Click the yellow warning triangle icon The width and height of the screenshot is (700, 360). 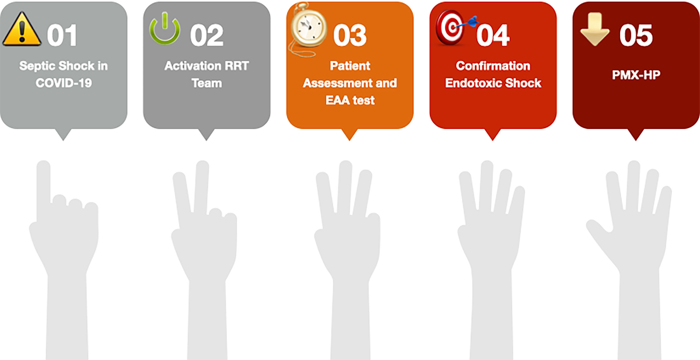22,29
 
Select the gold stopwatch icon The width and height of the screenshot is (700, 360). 308,30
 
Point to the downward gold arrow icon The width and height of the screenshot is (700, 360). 594,29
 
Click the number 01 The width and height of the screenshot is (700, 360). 62,36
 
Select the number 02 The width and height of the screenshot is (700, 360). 206,36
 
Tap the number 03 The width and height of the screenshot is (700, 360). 349,36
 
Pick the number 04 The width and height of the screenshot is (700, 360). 493,36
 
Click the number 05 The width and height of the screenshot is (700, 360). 636,36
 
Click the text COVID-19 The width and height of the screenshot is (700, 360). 64,83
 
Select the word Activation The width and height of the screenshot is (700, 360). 185,66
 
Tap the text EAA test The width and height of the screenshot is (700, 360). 350,100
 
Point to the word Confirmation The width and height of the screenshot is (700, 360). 493,66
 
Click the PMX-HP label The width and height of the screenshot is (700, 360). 636,75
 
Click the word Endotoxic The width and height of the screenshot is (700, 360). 473,83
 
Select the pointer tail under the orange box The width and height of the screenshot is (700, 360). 349,134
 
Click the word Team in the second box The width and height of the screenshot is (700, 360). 206,83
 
